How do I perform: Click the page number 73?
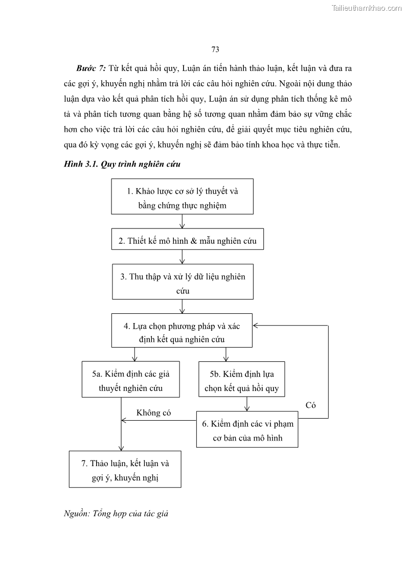(215, 49)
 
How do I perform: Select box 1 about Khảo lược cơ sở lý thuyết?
(183, 198)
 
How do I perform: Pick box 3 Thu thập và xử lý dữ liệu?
(183, 284)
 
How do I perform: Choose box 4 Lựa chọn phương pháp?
(183, 332)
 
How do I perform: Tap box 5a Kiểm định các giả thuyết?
(131, 381)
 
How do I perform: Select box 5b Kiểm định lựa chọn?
(241, 381)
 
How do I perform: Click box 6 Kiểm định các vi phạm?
(247, 430)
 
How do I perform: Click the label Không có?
(153, 413)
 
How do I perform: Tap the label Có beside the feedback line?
(311, 405)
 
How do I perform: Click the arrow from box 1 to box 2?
(183, 221)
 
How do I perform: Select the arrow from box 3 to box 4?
(183, 306)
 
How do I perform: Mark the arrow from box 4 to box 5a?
(134, 354)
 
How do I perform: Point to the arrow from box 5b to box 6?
(247, 404)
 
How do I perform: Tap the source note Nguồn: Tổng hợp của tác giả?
(116, 514)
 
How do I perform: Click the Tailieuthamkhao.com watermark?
(367, 8)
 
